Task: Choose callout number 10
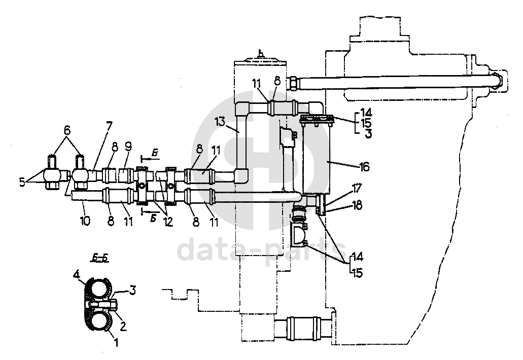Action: click(85, 221)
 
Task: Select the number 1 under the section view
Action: click(116, 342)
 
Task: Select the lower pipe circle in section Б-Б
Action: click(100, 319)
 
